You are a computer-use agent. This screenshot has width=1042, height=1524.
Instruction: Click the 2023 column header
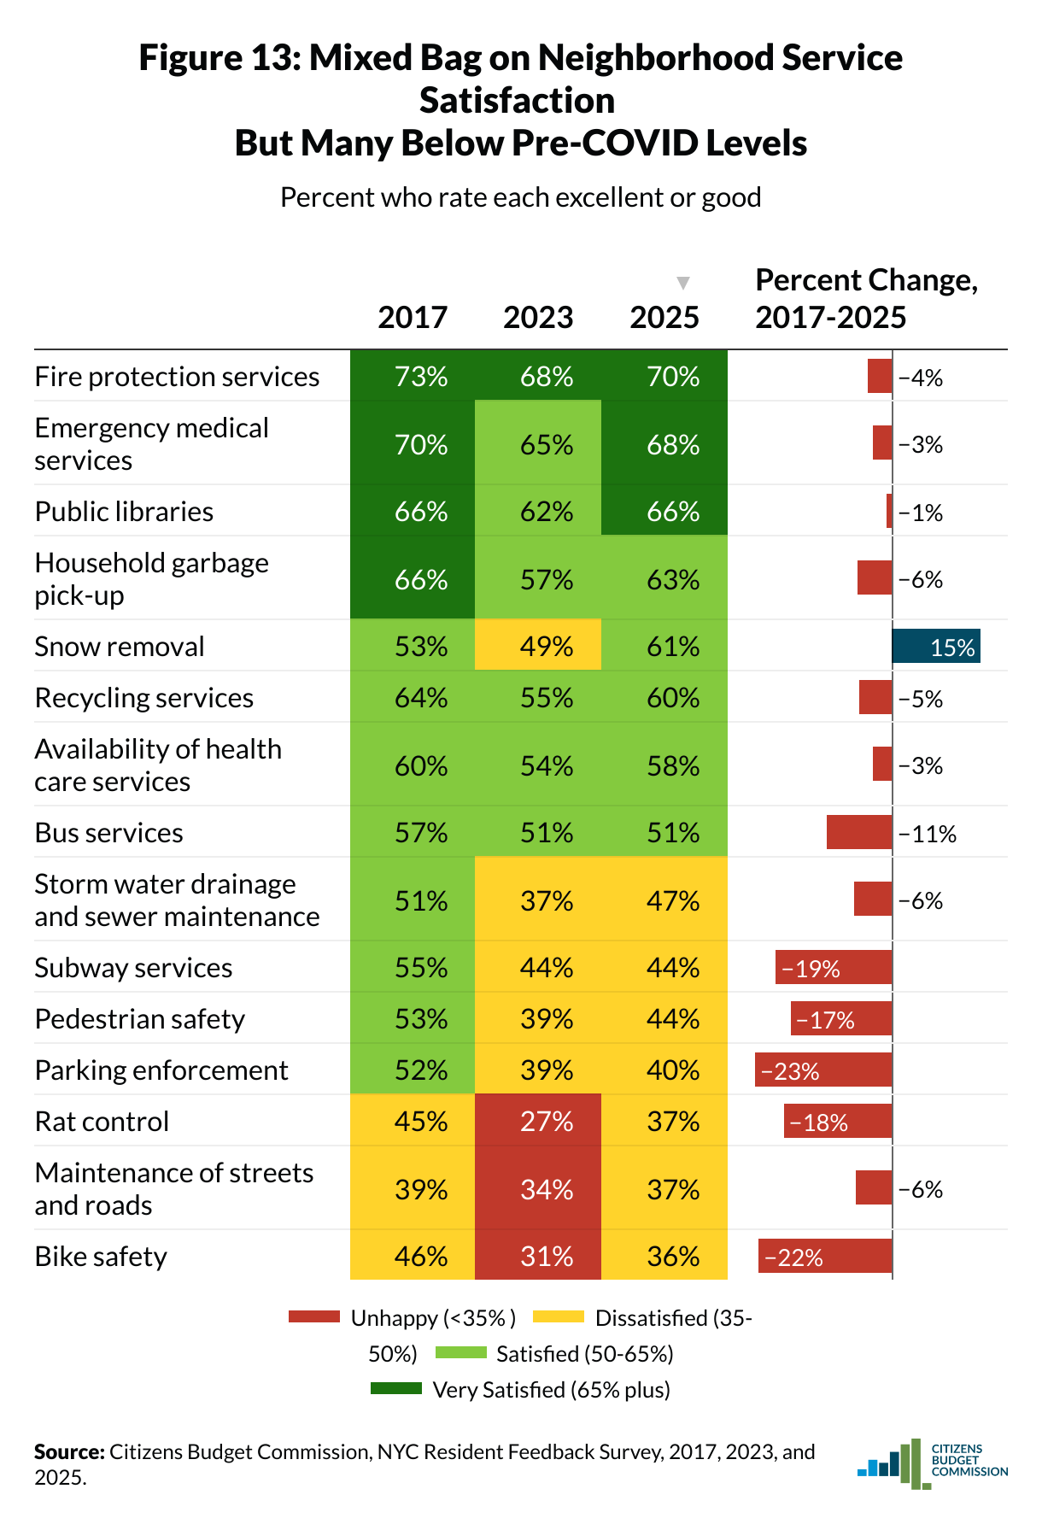click(x=538, y=318)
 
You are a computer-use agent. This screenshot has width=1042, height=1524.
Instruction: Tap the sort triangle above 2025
click(x=682, y=283)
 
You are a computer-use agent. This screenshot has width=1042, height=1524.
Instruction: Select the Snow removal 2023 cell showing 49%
click(x=538, y=646)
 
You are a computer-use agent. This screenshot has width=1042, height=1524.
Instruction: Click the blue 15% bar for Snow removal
click(x=935, y=646)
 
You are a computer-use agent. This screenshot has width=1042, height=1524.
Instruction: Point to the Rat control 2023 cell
click(x=538, y=1121)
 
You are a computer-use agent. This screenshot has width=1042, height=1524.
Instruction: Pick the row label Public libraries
click(x=125, y=512)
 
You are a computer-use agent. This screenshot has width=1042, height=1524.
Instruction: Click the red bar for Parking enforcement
click(x=823, y=1070)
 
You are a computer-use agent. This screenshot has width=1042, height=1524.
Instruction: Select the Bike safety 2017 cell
click(x=413, y=1256)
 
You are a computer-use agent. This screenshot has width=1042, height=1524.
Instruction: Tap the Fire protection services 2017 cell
click(x=413, y=376)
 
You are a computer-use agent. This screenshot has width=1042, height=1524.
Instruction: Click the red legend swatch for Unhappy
click(x=313, y=1317)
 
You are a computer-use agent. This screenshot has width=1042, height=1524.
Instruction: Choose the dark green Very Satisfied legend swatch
click(x=395, y=1389)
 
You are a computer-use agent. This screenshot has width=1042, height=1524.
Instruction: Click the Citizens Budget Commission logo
click(x=932, y=1462)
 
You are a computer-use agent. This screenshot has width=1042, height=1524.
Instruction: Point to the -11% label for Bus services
click(x=928, y=834)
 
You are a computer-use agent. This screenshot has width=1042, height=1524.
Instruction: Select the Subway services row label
click(x=133, y=968)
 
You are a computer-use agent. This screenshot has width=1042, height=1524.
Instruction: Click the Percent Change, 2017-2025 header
click(x=866, y=299)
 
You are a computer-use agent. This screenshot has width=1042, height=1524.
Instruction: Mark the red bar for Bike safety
click(x=825, y=1256)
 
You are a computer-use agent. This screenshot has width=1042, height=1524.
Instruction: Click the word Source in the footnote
click(x=68, y=1452)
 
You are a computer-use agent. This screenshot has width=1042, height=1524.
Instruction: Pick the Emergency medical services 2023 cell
click(x=538, y=444)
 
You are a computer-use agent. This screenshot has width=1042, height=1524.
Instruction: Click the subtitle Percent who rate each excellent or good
click(x=520, y=197)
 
